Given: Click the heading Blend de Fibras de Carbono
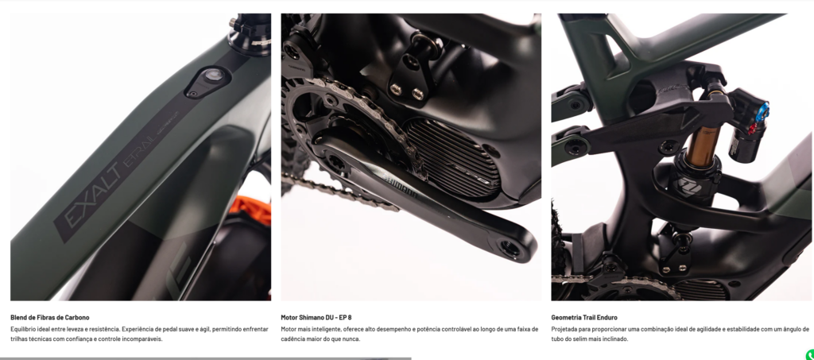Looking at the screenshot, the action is [x=50, y=317].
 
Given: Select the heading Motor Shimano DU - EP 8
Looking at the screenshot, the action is [x=316, y=317].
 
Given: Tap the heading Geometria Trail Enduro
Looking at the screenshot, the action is [x=584, y=317].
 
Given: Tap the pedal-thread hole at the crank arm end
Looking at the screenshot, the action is [x=510, y=249].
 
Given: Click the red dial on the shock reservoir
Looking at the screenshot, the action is [x=751, y=130].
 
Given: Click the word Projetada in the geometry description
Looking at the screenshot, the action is [x=564, y=329].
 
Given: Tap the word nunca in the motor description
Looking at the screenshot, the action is [x=351, y=339].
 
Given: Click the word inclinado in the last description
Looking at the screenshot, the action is [x=615, y=339].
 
